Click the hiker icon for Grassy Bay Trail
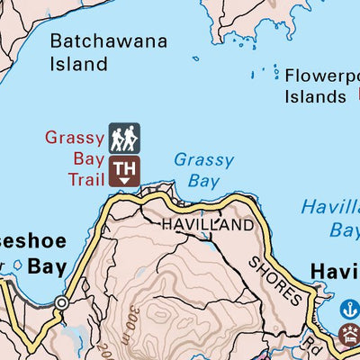[124, 138]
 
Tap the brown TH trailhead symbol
[124, 170]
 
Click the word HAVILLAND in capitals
[207, 226]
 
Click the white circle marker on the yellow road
[60, 303]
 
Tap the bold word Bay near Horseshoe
[47, 266]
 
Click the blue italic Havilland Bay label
[330, 219]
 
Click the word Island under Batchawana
[78, 64]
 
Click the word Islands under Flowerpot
[315, 96]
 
